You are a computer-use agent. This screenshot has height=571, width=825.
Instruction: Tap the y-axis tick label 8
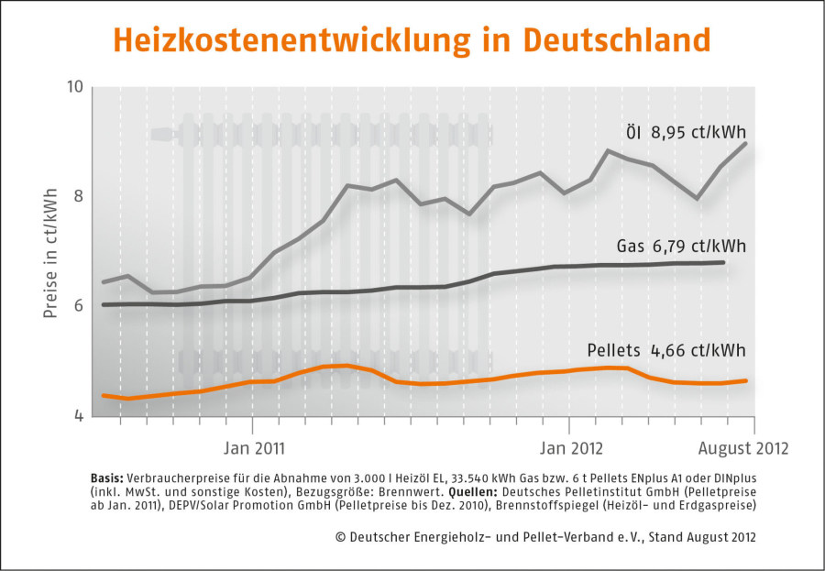point(78,196)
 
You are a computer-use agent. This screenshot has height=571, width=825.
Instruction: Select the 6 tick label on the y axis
point(78,306)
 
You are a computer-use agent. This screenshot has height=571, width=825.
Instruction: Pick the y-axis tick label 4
point(78,416)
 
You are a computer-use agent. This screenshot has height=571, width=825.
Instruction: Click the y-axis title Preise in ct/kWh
point(50,251)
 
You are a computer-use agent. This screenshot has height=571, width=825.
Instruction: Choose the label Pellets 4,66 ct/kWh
point(665,350)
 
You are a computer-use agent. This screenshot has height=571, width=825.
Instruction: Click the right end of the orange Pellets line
point(747,380)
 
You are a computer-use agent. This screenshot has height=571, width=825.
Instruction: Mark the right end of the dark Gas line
point(725,262)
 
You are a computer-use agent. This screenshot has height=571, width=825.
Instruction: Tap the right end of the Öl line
point(746,143)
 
